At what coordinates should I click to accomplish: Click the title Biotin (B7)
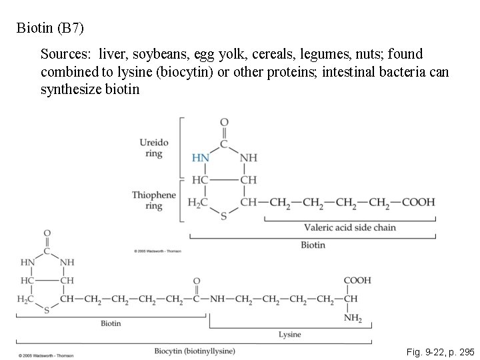[x=51, y=29]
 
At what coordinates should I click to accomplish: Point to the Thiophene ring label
[x=154, y=200]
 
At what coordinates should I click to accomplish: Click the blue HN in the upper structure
[x=201, y=158]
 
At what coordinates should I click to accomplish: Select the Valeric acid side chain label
[x=349, y=227]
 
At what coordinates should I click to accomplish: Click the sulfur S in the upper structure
[x=223, y=216]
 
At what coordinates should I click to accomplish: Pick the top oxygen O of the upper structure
[x=224, y=122]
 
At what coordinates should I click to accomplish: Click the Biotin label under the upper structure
[x=313, y=245]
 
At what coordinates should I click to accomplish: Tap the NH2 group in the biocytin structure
[x=353, y=319]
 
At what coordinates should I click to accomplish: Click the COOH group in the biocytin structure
[x=357, y=281]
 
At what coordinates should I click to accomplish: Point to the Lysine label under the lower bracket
[x=289, y=334]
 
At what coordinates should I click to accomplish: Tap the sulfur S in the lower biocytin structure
[x=47, y=311]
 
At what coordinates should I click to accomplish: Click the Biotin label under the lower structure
[x=111, y=323]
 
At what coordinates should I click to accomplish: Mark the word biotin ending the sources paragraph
[x=123, y=89]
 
